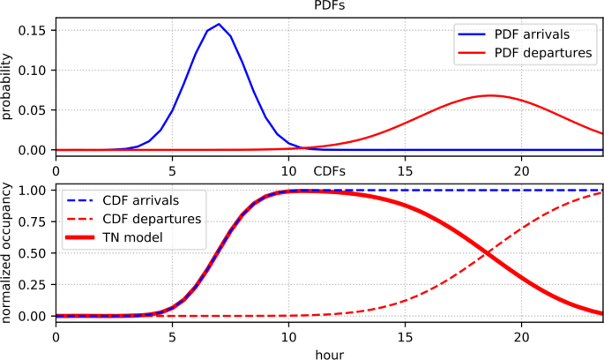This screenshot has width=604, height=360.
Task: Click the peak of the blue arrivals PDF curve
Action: [218, 24]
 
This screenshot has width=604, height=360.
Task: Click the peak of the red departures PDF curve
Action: [488, 94]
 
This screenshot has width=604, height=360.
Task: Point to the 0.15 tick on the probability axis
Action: [38, 30]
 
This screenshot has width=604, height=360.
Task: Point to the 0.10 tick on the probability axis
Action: [38, 71]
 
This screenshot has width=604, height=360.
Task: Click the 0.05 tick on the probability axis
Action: [38, 110]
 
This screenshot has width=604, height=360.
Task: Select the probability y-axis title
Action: [8, 88]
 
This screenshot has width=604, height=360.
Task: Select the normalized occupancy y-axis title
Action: [8, 251]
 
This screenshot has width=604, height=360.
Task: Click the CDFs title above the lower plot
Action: [330, 169]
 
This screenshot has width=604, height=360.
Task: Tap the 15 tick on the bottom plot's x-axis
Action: [405, 334]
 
